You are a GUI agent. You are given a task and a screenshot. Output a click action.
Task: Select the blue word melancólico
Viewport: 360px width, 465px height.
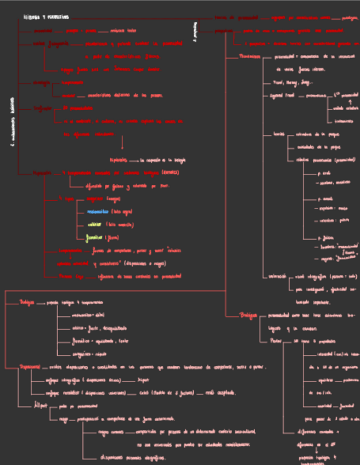coord(98,211)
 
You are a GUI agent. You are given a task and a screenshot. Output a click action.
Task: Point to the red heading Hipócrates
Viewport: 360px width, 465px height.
coord(41,172)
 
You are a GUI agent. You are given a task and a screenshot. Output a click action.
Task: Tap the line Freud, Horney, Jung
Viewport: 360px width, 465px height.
coord(295,82)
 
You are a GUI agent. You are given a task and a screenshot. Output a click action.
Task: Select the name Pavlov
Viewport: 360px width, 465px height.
coord(276,341)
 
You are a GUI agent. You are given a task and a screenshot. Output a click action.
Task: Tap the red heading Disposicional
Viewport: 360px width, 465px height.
coord(30,367)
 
